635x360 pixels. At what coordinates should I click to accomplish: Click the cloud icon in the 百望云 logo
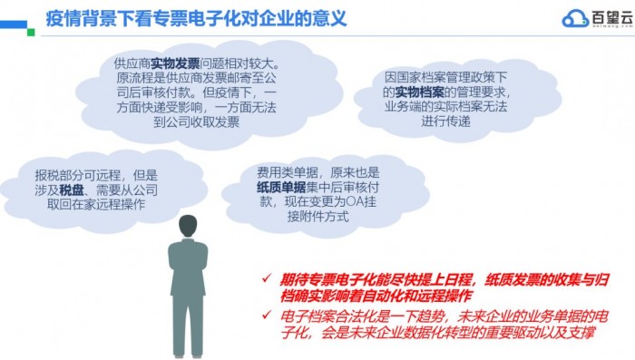[573, 17]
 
